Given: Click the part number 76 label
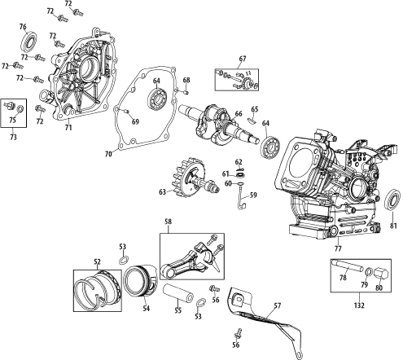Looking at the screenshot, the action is (x=23, y=27).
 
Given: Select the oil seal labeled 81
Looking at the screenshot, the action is (x=392, y=200).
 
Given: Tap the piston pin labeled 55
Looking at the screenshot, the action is (x=177, y=292).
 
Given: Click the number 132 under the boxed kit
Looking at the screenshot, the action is (x=359, y=305).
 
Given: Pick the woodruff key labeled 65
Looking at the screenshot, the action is (x=252, y=120).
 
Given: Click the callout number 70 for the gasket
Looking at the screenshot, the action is (x=108, y=154).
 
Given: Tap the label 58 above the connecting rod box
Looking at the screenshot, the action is (x=169, y=222).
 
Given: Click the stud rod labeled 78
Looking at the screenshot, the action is (x=348, y=266).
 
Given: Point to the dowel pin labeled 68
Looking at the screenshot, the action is (x=186, y=92).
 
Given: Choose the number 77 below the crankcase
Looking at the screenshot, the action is (x=339, y=248).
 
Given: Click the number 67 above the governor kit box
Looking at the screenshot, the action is (x=243, y=59).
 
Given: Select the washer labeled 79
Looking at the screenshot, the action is (x=368, y=271).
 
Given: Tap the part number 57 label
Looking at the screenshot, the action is (x=277, y=305).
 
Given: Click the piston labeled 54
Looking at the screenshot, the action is (x=141, y=280).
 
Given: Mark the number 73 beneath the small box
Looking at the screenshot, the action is (x=13, y=138).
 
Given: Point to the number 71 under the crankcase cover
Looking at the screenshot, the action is (x=68, y=127).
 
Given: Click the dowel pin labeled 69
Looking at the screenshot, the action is (x=126, y=111).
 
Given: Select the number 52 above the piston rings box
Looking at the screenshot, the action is (x=97, y=261).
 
